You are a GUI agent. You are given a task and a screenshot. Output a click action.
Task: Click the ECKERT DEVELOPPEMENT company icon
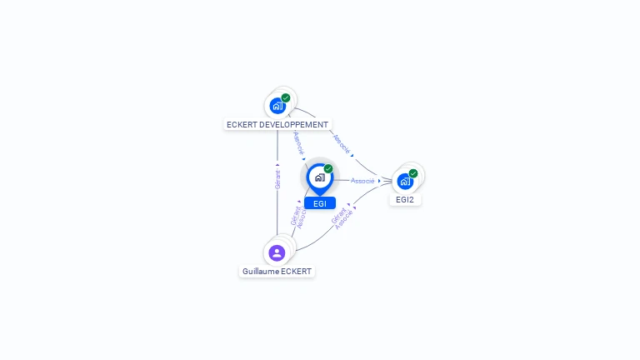pyautogui.click(x=277, y=106)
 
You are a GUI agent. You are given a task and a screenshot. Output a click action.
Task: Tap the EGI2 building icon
pyautogui.click(x=405, y=181)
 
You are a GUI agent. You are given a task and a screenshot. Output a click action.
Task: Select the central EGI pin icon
pyautogui.click(x=319, y=177)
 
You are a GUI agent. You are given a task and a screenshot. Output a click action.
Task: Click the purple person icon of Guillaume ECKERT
pyautogui.click(x=277, y=252)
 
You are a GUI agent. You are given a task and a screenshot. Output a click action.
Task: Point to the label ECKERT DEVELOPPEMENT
pyautogui.click(x=277, y=125)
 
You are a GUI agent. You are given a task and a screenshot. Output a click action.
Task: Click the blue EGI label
pyautogui.click(x=320, y=203)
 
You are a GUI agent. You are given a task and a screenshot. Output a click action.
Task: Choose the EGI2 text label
pyautogui.click(x=405, y=200)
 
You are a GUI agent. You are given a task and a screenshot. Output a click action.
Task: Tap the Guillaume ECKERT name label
pyautogui.click(x=277, y=272)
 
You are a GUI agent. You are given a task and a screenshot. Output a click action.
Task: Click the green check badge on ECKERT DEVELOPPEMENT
pyautogui.click(x=286, y=97)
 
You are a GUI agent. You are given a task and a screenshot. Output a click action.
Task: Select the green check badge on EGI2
pyautogui.click(x=413, y=173)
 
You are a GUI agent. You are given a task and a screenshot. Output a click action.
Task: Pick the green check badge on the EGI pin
pyautogui.click(x=328, y=169)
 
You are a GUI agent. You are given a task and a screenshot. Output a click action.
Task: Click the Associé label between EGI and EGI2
pyautogui.click(x=362, y=181)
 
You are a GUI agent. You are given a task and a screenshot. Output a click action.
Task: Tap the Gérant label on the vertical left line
pyautogui.click(x=277, y=180)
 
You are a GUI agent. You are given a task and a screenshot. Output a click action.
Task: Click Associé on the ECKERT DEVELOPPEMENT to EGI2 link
pyautogui.click(x=342, y=143)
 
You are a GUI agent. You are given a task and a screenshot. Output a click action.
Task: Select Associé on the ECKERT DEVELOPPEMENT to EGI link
pyautogui.click(x=298, y=142)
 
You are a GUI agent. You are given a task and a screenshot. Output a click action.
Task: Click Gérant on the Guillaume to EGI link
pyautogui.click(x=294, y=215)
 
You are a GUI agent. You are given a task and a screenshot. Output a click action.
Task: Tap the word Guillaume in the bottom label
pyautogui.click(x=260, y=272)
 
